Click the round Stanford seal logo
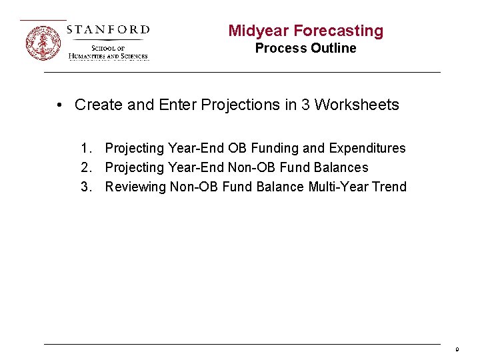(43, 43)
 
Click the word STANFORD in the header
(108, 29)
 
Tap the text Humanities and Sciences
(108, 57)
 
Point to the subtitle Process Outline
(305, 48)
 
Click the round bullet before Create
(60, 105)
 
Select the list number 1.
(85, 148)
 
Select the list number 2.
(85, 167)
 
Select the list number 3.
(85, 187)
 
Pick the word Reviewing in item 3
(135, 187)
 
